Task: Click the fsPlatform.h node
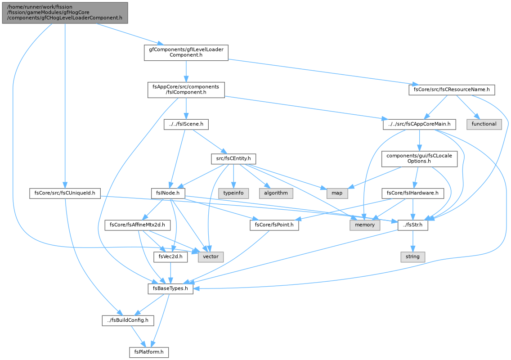click(x=149, y=352)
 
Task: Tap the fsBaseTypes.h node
click(x=170, y=288)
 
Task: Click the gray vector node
click(x=211, y=256)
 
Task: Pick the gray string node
click(x=412, y=256)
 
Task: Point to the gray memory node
click(x=365, y=225)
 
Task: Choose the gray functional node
click(x=484, y=124)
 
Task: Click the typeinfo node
click(x=233, y=193)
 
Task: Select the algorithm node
click(x=276, y=193)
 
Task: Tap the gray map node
click(x=337, y=193)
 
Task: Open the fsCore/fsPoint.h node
click(x=274, y=225)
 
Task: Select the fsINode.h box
click(x=168, y=193)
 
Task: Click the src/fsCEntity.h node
click(x=233, y=159)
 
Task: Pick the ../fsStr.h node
click(x=412, y=225)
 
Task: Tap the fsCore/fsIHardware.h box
click(x=412, y=193)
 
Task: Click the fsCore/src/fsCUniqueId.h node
click(x=65, y=193)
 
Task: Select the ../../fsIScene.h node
click(x=186, y=124)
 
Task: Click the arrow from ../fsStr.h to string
click(x=412, y=241)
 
